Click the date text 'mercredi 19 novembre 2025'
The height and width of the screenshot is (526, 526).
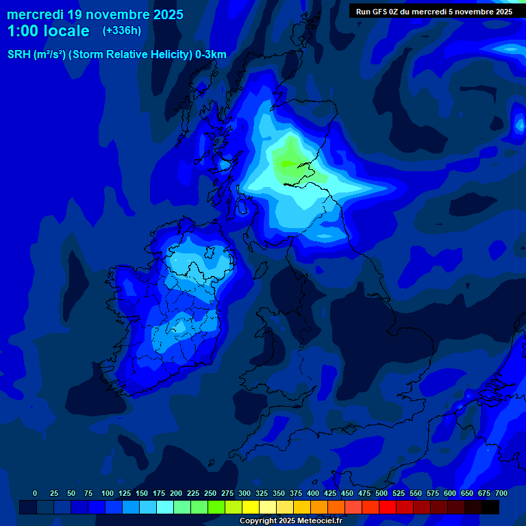(95, 14)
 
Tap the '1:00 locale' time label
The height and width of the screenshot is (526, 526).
(48, 31)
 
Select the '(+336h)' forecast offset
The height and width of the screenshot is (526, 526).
(122, 31)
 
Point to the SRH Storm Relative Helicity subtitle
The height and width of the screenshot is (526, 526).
(117, 55)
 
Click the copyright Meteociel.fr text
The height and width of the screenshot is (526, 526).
(290, 521)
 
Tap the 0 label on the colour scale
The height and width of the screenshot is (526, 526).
(35, 494)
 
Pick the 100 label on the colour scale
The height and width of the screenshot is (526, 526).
(108, 494)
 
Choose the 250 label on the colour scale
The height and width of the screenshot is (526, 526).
(210, 494)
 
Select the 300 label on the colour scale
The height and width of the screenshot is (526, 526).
(245, 494)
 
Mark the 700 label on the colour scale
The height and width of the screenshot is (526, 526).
(501, 494)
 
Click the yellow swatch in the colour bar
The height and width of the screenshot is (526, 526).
(251, 508)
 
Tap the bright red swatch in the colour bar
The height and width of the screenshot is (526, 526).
(388, 508)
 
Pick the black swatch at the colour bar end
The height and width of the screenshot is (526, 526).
(490, 508)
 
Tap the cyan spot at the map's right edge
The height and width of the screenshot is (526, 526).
(518, 123)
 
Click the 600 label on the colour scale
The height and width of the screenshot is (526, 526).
(450, 494)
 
